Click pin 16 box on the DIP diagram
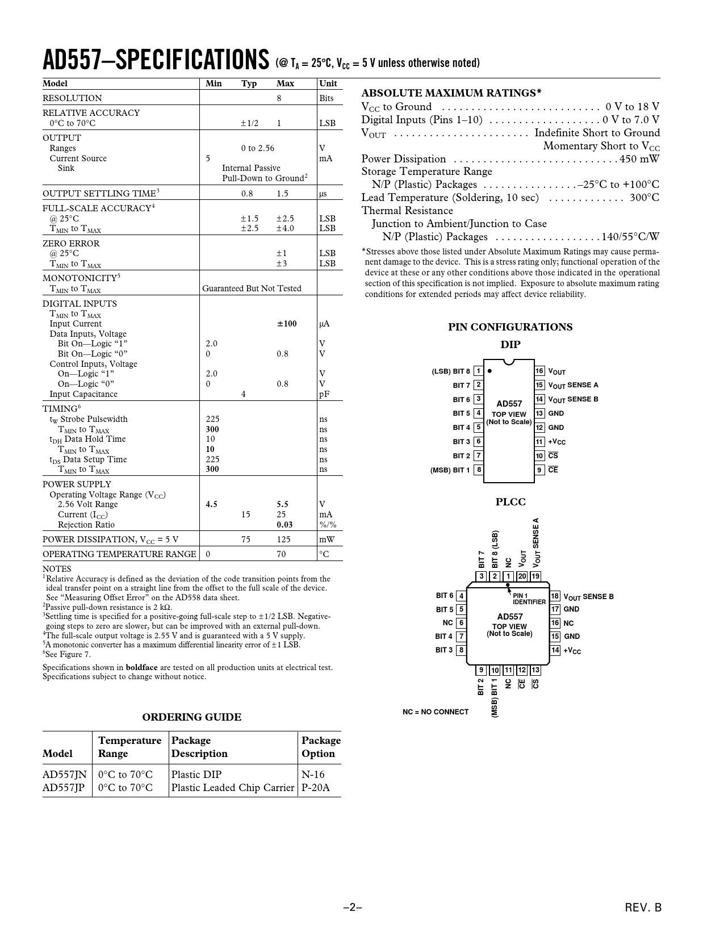539,371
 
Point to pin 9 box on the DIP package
539,470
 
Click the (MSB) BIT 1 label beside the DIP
450,470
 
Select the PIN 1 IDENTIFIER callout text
529,599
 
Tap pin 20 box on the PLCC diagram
522,576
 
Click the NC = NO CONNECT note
436,712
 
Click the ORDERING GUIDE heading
191,717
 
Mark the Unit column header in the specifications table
328,83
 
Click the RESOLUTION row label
72,98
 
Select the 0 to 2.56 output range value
257,148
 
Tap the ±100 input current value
287,324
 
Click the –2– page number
352,907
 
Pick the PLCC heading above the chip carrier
510,502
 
